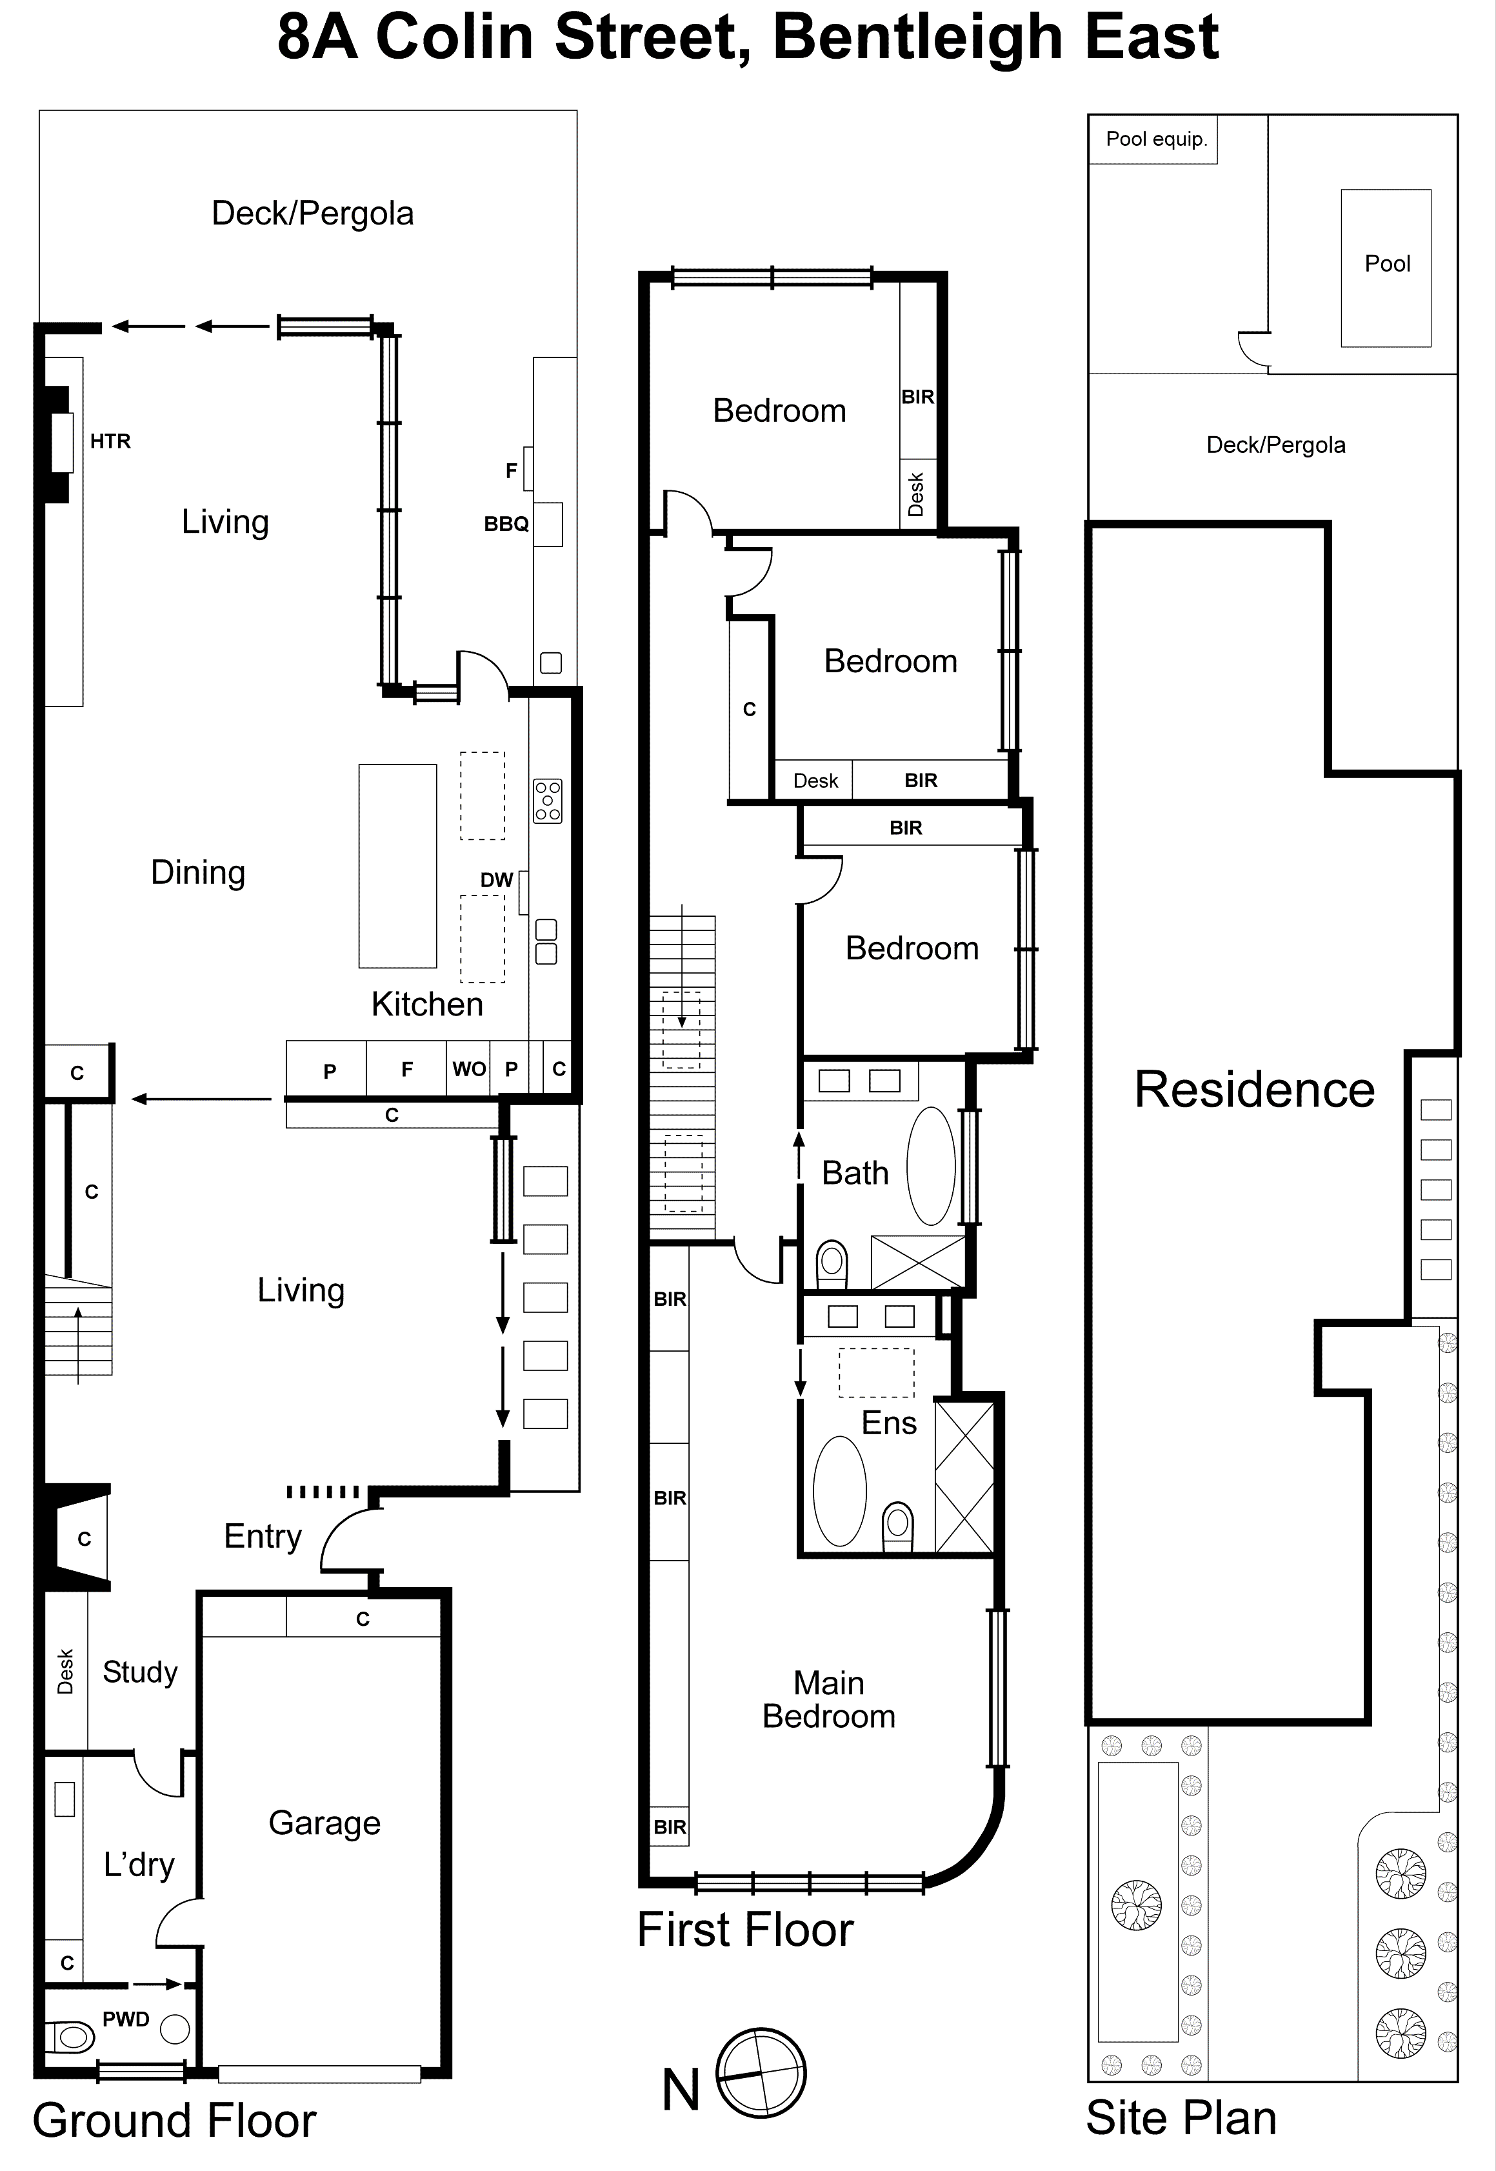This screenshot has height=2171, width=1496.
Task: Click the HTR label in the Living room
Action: coord(110,441)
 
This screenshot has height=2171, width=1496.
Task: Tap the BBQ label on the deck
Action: coord(506,524)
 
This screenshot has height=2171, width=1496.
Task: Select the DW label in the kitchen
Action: coord(496,879)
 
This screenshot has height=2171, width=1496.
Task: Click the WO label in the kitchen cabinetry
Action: coord(469,1068)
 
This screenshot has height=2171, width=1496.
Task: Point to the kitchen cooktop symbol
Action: coord(548,801)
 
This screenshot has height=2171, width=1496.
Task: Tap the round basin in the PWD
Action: coord(174,2030)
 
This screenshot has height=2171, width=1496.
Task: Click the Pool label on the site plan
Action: coord(1386,263)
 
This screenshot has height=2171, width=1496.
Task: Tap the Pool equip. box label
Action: coord(1156,139)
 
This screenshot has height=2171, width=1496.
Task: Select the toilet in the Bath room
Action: coord(832,1264)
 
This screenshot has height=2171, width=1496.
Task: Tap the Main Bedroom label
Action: coord(828,1699)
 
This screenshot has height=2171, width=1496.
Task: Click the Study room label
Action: coord(139,1672)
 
